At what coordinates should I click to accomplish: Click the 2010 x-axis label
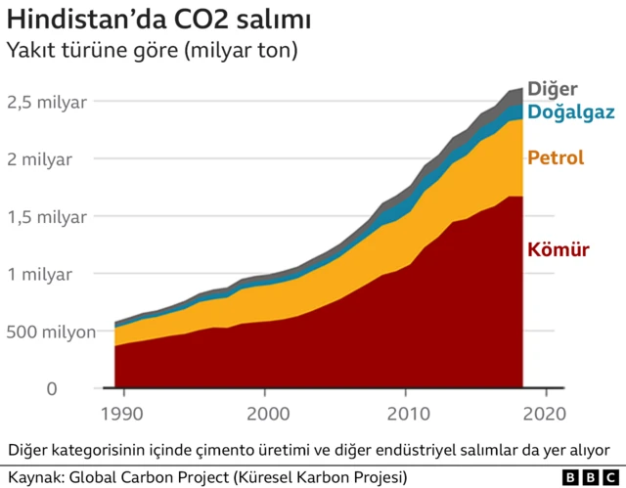(403, 415)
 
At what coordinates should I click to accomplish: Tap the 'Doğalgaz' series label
(571, 112)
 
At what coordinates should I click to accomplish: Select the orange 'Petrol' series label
(556, 157)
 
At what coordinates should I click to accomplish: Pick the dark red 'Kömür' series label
(559, 250)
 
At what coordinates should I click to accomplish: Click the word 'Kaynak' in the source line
(30, 477)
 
